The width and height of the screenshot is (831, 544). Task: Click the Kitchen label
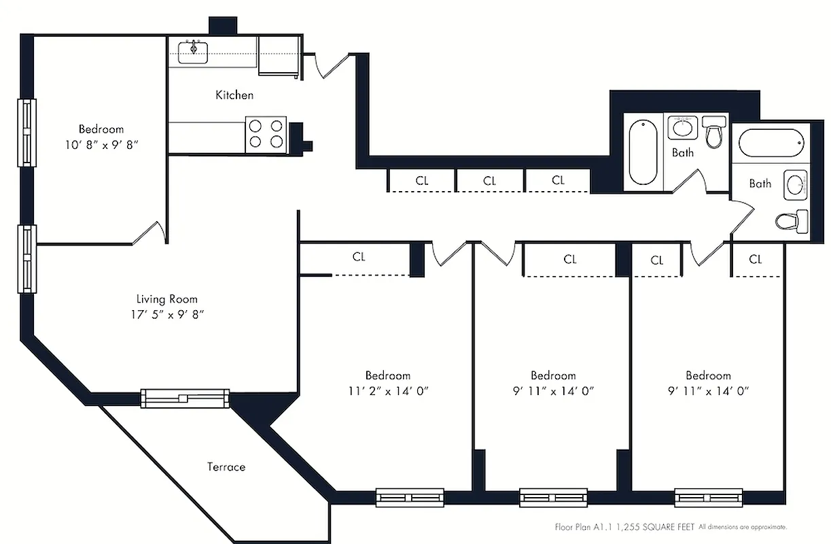coord(234,95)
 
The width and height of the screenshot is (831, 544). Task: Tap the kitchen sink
coord(193,52)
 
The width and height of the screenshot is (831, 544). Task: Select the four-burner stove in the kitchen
coord(266,133)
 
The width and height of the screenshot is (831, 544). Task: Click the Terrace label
coord(226,467)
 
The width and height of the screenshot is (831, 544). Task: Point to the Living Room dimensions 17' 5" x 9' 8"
coord(166,314)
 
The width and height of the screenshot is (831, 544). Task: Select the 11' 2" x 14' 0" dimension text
coord(388,391)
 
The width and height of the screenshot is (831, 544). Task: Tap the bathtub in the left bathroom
coord(643,152)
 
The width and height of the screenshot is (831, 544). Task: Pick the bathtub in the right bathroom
coord(771,144)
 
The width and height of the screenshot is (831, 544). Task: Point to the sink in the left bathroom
coord(682,127)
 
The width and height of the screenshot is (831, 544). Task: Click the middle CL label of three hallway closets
coord(490,181)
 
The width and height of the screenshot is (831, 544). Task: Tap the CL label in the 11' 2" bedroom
coord(359,257)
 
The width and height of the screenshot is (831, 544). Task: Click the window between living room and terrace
coord(183,398)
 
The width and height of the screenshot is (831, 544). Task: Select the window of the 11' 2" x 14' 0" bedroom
coord(410,498)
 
